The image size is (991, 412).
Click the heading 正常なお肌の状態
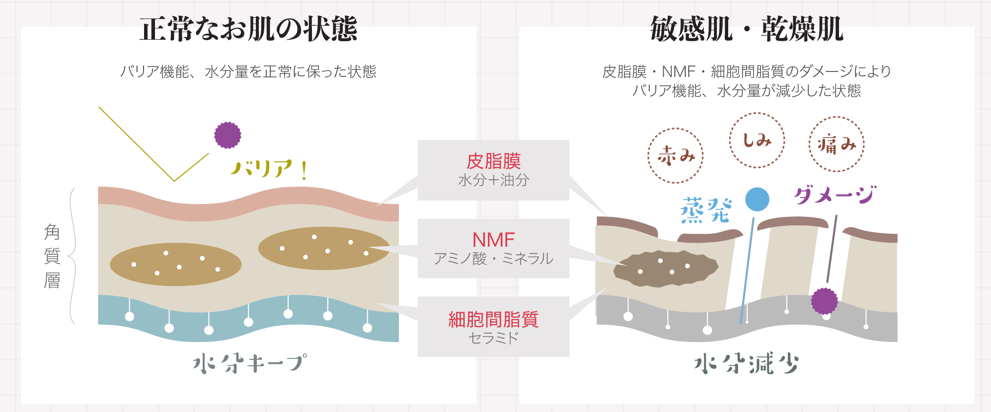(x=248, y=29)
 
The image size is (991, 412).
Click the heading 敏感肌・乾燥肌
(x=747, y=29)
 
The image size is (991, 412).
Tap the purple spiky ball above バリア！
(x=228, y=135)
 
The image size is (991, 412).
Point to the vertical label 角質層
(x=52, y=256)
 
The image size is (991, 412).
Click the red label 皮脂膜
(x=493, y=161)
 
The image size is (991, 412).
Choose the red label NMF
(x=493, y=240)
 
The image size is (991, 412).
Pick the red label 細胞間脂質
(x=493, y=319)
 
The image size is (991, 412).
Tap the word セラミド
(x=493, y=338)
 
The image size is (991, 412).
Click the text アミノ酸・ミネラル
(x=493, y=259)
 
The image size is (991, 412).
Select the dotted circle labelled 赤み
(x=676, y=156)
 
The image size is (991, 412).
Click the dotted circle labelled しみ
(x=757, y=140)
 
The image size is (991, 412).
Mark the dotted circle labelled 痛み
(x=837, y=144)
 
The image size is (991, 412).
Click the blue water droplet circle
(x=758, y=200)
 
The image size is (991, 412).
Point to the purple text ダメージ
(x=835, y=195)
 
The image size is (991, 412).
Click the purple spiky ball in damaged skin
(x=825, y=301)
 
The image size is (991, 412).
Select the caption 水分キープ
(x=250, y=363)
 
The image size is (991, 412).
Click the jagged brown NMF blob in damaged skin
(x=666, y=269)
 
